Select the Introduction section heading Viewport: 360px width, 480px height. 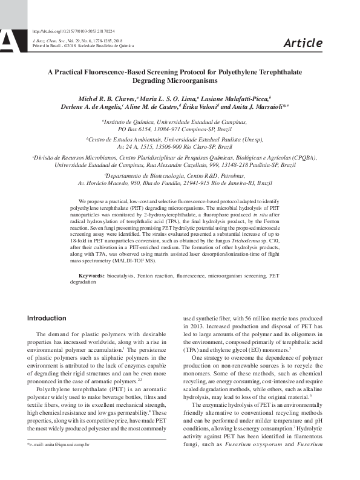[x=47, y=318]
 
